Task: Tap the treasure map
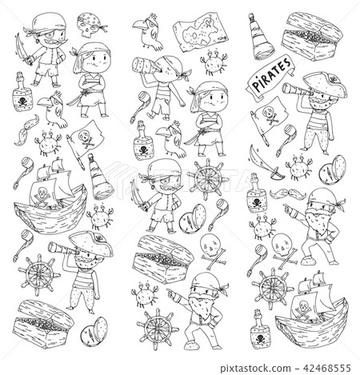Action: pyautogui.click(x=202, y=32)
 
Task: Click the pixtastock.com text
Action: pyautogui.click(x=255, y=369)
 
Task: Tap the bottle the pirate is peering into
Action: pyautogui.click(x=146, y=66)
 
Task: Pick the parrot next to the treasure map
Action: pyautogui.click(x=149, y=31)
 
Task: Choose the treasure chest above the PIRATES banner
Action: pyautogui.click(x=311, y=37)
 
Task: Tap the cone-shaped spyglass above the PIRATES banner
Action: pyautogui.click(x=260, y=38)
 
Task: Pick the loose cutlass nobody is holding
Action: pyautogui.click(x=263, y=162)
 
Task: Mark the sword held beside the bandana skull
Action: pyautogui.click(x=23, y=50)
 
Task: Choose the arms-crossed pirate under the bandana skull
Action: pyautogui.click(x=91, y=79)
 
